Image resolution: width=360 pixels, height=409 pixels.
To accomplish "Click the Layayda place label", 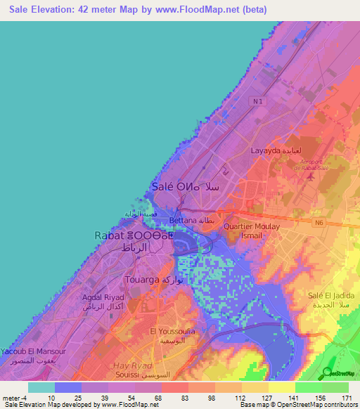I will pyautogui.click(x=276, y=151).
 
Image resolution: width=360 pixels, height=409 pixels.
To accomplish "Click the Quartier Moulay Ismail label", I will pyautogui.click(x=252, y=231).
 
